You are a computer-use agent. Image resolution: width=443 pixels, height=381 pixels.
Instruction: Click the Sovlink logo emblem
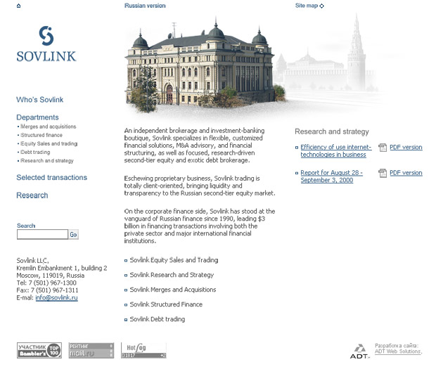pyautogui.click(x=46, y=35)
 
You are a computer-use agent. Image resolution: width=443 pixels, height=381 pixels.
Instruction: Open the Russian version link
pyautogui.click(x=146, y=6)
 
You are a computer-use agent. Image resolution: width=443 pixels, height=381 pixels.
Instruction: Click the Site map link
pyautogui.click(x=307, y=6)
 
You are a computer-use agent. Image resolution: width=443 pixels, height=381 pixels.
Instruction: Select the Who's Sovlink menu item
pyautogui.click(x=40, y=101)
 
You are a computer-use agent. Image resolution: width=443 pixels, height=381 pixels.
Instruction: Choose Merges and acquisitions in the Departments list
pyautogui.click(x=49, y=127)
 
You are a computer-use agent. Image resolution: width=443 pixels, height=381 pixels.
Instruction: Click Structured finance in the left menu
pyautogui.click(x=41, y=135)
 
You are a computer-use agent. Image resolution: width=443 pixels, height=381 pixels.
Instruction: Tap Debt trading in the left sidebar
pyautogui.click(x=35, y=152)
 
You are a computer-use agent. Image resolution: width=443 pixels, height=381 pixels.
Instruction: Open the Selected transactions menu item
pyautogui.click(x=52, y=178)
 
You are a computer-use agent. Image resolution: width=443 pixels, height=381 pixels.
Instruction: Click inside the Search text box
pyautogui.click(x=42, y=235)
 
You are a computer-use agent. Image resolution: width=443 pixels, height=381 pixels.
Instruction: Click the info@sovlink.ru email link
pyautogui.click(x=56, y=298)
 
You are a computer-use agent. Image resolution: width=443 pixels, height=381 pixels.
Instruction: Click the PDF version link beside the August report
pyautogui.click(x=406, y=173)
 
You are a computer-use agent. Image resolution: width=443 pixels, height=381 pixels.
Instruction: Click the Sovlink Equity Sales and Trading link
pyautogui.click(x=174, y=260)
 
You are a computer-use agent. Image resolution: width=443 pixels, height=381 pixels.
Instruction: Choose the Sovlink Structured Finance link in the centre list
pyautogui.click(x=166, y=304)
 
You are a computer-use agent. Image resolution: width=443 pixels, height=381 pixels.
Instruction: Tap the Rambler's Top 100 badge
pyautogui.click(x=39, y=350)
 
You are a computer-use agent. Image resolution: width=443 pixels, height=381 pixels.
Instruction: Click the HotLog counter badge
pyautogui.click(x=143, y=350)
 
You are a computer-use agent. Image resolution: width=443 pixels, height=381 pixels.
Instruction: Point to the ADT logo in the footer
pyautogui.click(x=359, y=351)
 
